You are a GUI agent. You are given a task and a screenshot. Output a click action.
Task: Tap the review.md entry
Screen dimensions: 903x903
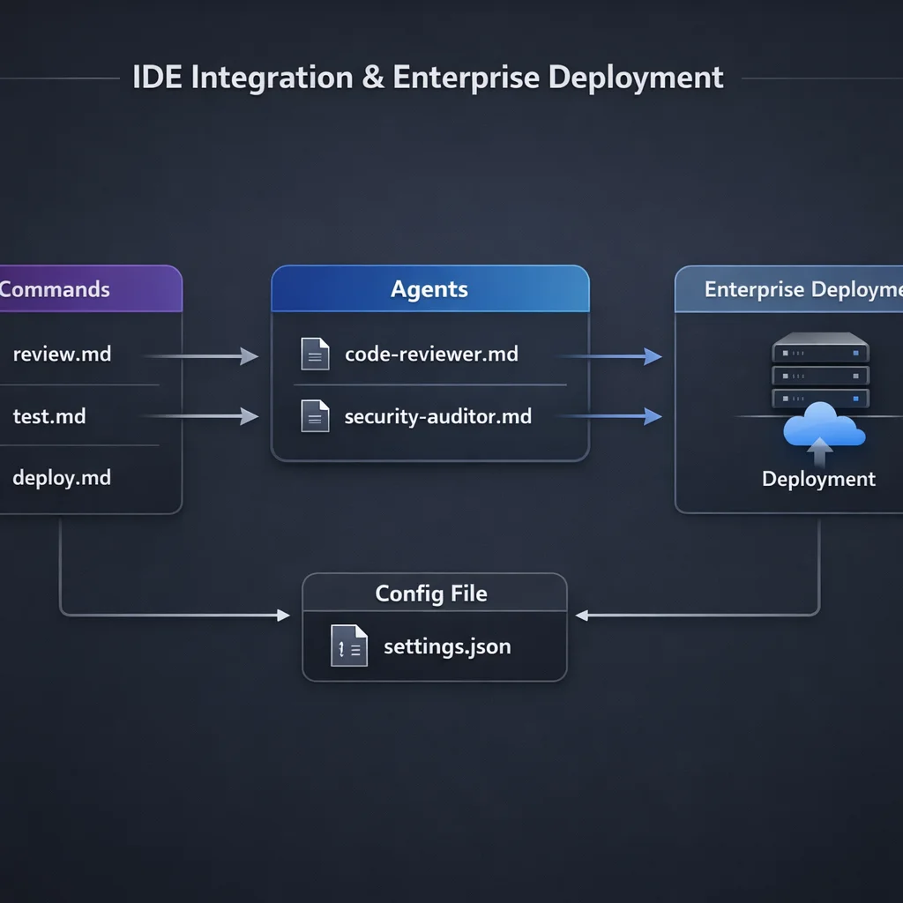click(x=62, y=354)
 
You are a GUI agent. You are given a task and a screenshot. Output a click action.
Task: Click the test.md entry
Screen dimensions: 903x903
click(x=49, y=416)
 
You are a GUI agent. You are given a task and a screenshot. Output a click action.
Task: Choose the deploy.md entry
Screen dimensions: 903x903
click(x=62, y=478)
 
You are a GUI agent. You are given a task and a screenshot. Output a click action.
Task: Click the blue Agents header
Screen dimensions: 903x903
click(x=429, y=289)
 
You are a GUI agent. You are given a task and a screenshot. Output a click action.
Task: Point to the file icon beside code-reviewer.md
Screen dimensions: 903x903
click(x=315, y=354)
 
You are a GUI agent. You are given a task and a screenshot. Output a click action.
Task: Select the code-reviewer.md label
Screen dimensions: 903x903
click(x=431, y=354)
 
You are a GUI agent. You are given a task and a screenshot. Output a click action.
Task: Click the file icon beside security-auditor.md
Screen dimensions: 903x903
click(x=315, y=415)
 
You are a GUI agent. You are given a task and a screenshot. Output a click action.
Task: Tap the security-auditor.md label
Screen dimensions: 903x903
click(x=437, y=416)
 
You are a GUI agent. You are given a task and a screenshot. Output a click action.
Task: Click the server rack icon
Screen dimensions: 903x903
click(x=820, y=370)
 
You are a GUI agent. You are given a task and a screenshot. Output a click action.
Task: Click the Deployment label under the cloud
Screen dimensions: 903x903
click(x=818, y=479)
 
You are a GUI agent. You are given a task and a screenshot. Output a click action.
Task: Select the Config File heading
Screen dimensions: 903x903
click(x=431, y=593)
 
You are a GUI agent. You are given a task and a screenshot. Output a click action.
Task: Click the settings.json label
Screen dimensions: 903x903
click(x=447, y=646)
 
